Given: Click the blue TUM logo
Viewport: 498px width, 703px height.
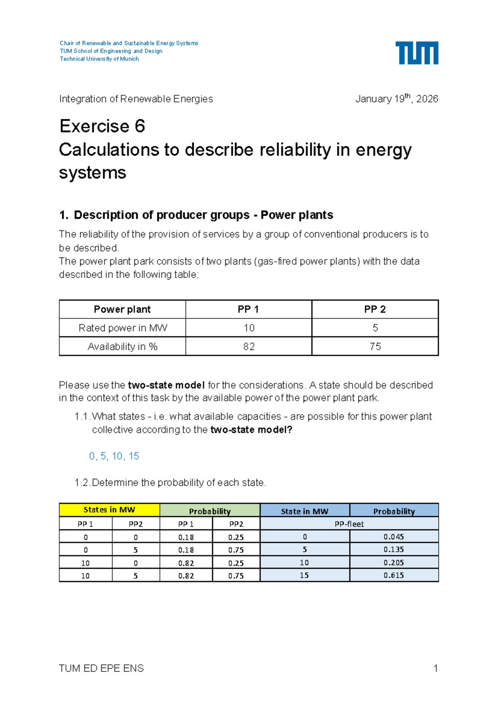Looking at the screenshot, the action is coord(417,53).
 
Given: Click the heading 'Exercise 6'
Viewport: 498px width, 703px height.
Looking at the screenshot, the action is coord(102,126).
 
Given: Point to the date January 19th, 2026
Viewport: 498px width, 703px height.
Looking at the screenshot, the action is coord(396,99).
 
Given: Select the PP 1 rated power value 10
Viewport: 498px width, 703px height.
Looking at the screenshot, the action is coord(249,328).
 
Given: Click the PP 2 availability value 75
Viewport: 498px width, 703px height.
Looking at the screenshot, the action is coord(375,347).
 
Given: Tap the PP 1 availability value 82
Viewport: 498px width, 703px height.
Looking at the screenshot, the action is coord(249,347).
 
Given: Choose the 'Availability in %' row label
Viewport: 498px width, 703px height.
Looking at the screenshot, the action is coord(122,347).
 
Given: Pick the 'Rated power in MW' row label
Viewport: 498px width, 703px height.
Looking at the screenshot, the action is coord(122,328).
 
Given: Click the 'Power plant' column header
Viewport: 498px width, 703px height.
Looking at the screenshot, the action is coord(122,309).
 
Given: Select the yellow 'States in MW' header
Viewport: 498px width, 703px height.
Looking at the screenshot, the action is coord(109,510).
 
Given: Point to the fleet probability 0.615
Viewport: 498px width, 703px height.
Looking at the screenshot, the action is coord(393,575).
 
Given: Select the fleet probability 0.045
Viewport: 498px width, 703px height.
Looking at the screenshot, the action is coord(393,537).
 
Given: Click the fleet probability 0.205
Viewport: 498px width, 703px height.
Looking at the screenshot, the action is coord(393,562).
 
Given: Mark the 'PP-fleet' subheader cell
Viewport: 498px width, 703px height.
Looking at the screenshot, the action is coord(349,524).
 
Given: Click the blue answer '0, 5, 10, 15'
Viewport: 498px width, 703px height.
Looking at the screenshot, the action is coord(114,456).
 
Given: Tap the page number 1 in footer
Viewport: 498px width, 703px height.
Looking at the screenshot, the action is coord(435,668).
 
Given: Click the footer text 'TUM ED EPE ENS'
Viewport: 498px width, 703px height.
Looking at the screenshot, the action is coord(101,668).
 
